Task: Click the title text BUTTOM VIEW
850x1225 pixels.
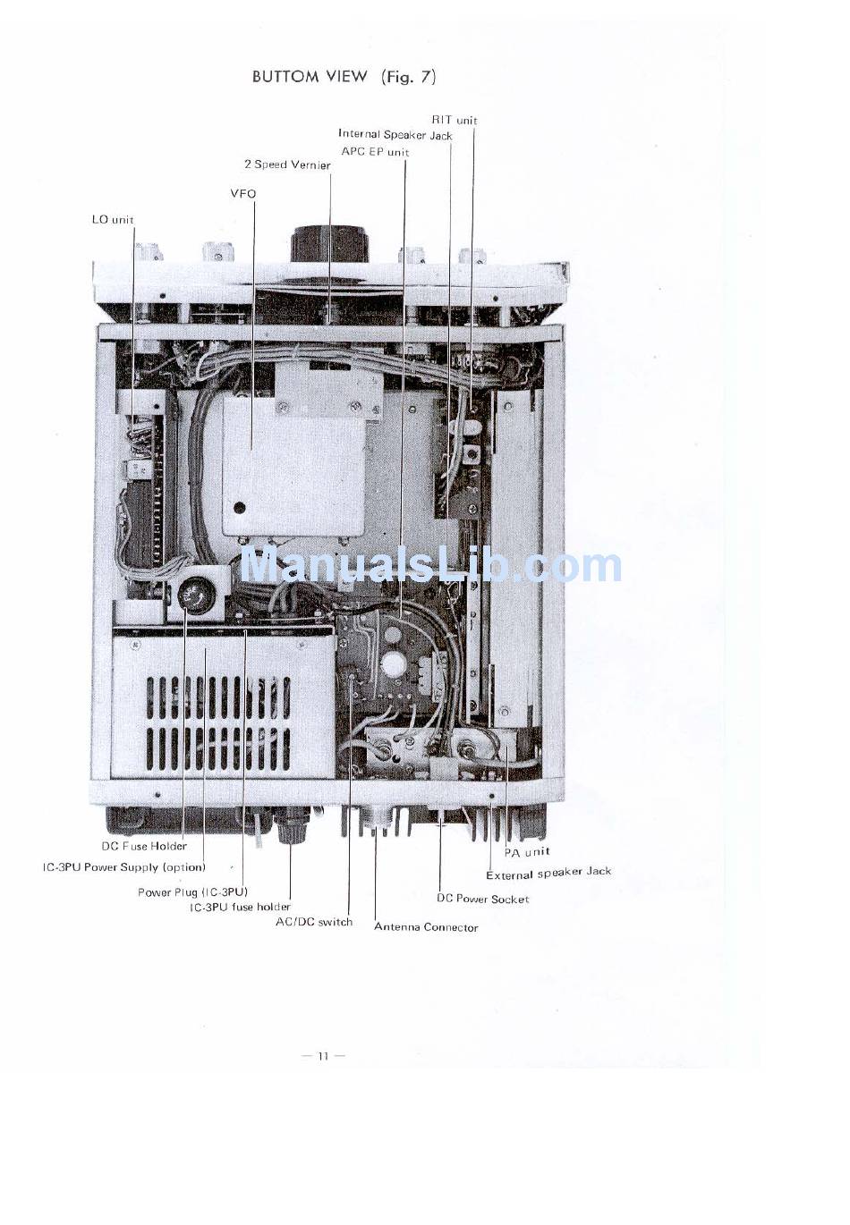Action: (x=310, y=77)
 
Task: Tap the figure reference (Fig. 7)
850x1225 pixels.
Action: (x=409, y=77)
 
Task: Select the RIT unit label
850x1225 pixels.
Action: (x=455, y=120)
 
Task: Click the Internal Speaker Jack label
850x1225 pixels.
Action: (x=395, y=135)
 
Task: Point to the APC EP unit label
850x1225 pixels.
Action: (x=375, y=152)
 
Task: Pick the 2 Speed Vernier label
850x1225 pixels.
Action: (x=287, y=165)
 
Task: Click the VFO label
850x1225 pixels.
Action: (x=242, y=193)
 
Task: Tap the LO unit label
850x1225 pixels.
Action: (x=113, y=219)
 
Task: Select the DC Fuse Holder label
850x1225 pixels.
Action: (x=144, y=846)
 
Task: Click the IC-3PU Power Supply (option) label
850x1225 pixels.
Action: (x=124, y=867)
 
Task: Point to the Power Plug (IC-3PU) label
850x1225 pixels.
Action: (x=192, y=892)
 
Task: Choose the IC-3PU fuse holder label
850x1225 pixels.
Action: (x=240, y=907)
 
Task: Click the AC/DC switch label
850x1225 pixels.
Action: (x=314, y=922)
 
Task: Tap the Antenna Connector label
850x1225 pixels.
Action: (x=426, y=927)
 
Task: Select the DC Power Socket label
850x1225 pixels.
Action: (x=482, y=899)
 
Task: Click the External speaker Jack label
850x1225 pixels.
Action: (x=548, y=874)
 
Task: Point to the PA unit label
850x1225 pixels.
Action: (x=526, y=852)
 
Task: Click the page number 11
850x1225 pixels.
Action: (x=323, y=1056)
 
